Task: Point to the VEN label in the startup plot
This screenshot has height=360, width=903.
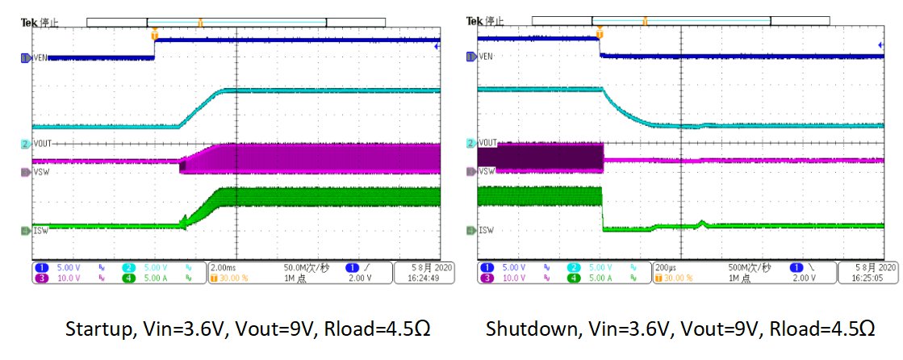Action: [41, 57]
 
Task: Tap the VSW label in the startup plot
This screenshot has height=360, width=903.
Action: [40, 171]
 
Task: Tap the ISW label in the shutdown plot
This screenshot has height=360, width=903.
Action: [486, 230]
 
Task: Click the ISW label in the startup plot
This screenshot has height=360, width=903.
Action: [40, 230]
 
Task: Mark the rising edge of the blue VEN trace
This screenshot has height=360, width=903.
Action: [155, 48]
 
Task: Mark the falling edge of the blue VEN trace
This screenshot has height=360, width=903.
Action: [600, 46]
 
